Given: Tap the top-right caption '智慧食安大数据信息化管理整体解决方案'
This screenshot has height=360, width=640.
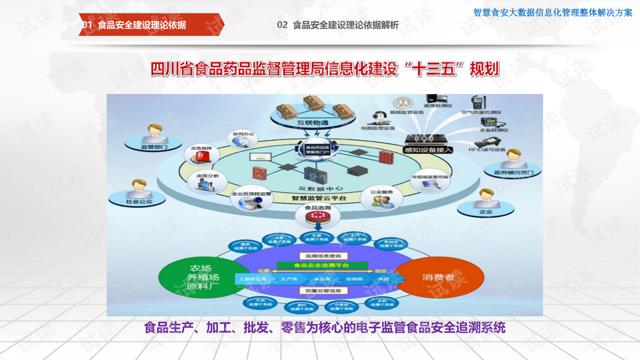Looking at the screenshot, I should [x=553, y=13].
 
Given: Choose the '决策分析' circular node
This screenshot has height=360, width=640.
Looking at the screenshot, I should [x=203, y=181].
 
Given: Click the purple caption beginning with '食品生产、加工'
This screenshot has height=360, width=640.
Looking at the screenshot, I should [x=325, y=328].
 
